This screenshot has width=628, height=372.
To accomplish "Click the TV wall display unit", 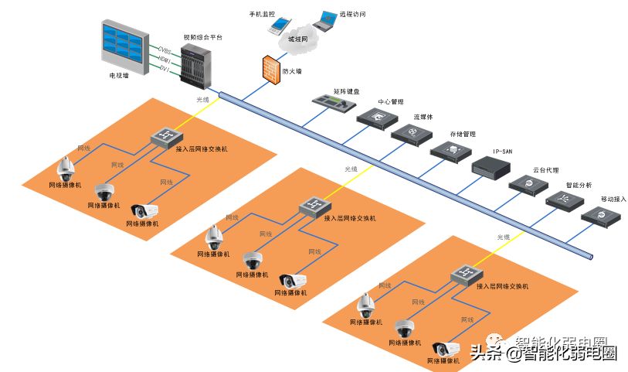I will pos(123,47).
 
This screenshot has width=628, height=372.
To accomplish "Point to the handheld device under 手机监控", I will pos(276,25).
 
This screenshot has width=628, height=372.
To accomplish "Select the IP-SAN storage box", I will pos(491,166).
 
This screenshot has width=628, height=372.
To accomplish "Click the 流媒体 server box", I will pos(410,134).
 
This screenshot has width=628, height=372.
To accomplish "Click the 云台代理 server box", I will pos(529,184).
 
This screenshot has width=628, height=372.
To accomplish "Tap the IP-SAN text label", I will pos(502,152).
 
